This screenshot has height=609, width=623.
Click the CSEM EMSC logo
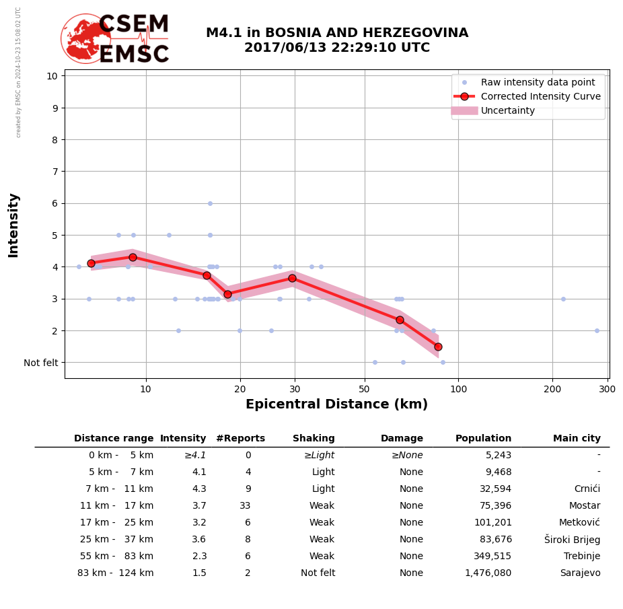(x=115, y=39)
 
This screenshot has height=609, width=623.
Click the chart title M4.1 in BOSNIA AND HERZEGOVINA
(x=336, y=33)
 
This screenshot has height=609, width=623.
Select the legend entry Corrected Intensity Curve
(x=540, y=96)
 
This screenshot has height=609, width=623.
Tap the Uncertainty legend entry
(x=507, y=110)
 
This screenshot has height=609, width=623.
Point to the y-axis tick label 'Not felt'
(x=41, y=363)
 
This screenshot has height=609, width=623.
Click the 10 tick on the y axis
(x=52, y=76)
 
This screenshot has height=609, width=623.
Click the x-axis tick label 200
(x=552, y=389)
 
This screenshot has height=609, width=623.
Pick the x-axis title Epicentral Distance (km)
(x=336, y=404)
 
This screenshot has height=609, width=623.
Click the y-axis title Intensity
(x=13, y=225)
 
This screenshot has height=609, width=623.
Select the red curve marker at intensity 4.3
(x=133, y=257)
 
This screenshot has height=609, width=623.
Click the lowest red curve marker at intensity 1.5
(x=438, y=347)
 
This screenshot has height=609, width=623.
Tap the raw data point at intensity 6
(x=210, y=203)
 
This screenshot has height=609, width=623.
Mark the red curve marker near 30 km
(x=292, y=278)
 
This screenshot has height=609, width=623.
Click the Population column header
(x=483, y=439)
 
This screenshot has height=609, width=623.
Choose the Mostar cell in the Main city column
(x=585, y=506)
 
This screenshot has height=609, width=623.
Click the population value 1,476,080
(x=488, y=573)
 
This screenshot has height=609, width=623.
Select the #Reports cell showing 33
(x=245, y=506)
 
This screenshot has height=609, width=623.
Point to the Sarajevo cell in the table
(x=580, y=573)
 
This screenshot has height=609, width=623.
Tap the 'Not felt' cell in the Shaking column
(x=318, y=573)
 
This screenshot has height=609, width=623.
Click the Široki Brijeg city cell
(x=572, y=540)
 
